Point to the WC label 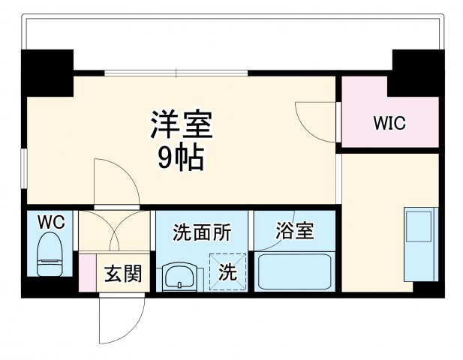coord(51,222)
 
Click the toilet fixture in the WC coord(51,256)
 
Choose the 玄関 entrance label coord(122,274)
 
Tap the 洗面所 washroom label coord(201,232)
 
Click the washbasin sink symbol coord(179,276)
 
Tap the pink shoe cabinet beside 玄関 coord(87,274)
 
